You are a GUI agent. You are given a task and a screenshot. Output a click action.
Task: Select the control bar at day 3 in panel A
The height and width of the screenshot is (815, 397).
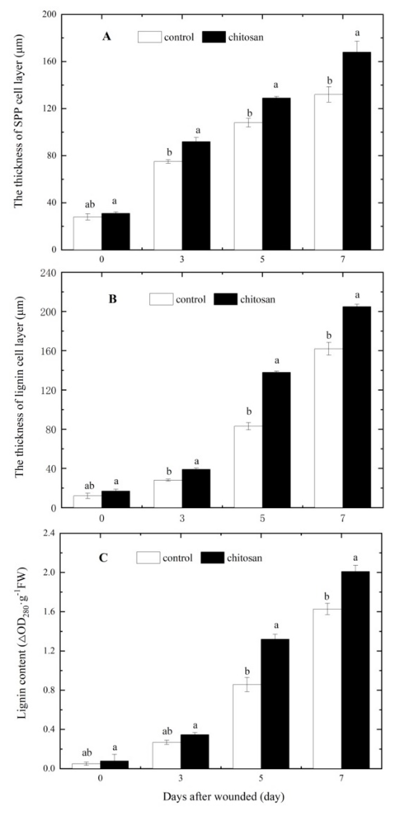(168, 206)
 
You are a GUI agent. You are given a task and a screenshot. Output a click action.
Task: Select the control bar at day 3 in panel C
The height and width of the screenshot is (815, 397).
(167, 755)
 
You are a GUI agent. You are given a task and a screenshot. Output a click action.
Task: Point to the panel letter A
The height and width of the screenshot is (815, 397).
(107, 37)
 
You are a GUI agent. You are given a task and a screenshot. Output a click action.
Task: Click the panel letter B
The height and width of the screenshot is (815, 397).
(113, 299)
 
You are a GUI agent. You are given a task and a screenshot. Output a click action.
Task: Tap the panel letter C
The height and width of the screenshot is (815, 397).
(103, 557)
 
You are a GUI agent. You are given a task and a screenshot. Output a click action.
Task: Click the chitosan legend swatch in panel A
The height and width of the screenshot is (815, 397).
(214, 37)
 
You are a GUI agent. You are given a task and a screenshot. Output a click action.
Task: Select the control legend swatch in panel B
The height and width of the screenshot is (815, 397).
(161, 299)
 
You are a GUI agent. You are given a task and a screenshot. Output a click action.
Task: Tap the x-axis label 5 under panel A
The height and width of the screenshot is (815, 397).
(262, 259)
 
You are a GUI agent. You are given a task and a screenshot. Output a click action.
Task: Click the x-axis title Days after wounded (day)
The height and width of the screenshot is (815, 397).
(224, 796)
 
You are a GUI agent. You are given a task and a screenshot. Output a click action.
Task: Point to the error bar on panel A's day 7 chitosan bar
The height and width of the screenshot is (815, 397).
(357, 47)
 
